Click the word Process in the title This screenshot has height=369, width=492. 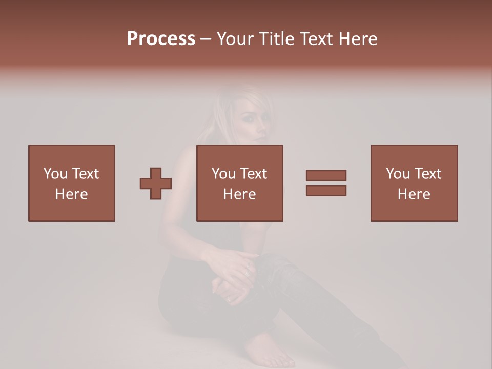pyautogui.click(x=161, y=39)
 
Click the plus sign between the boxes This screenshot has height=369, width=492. pyautogui.click(x=156, y=183)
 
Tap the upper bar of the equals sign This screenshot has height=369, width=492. pyautogui.click(x=326, y=175)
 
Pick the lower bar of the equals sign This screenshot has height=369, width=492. pyautogui.click(x=326, y=190)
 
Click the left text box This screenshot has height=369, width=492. pyautogui.click(x=72, y=183)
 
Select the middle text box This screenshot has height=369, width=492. pyautogui.click(x=240, y=183)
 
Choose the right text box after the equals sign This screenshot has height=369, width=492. pyautogui.click(x=414, y=183)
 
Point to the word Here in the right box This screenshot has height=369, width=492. pyautogui.click(x=414, y=194)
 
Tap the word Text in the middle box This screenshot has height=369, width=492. pyautogui.click(x=253, y=174)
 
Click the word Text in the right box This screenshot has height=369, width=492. pyautogui.click(x=427, y=174)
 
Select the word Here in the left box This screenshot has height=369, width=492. pyautogui.click(x=72, y=194)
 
